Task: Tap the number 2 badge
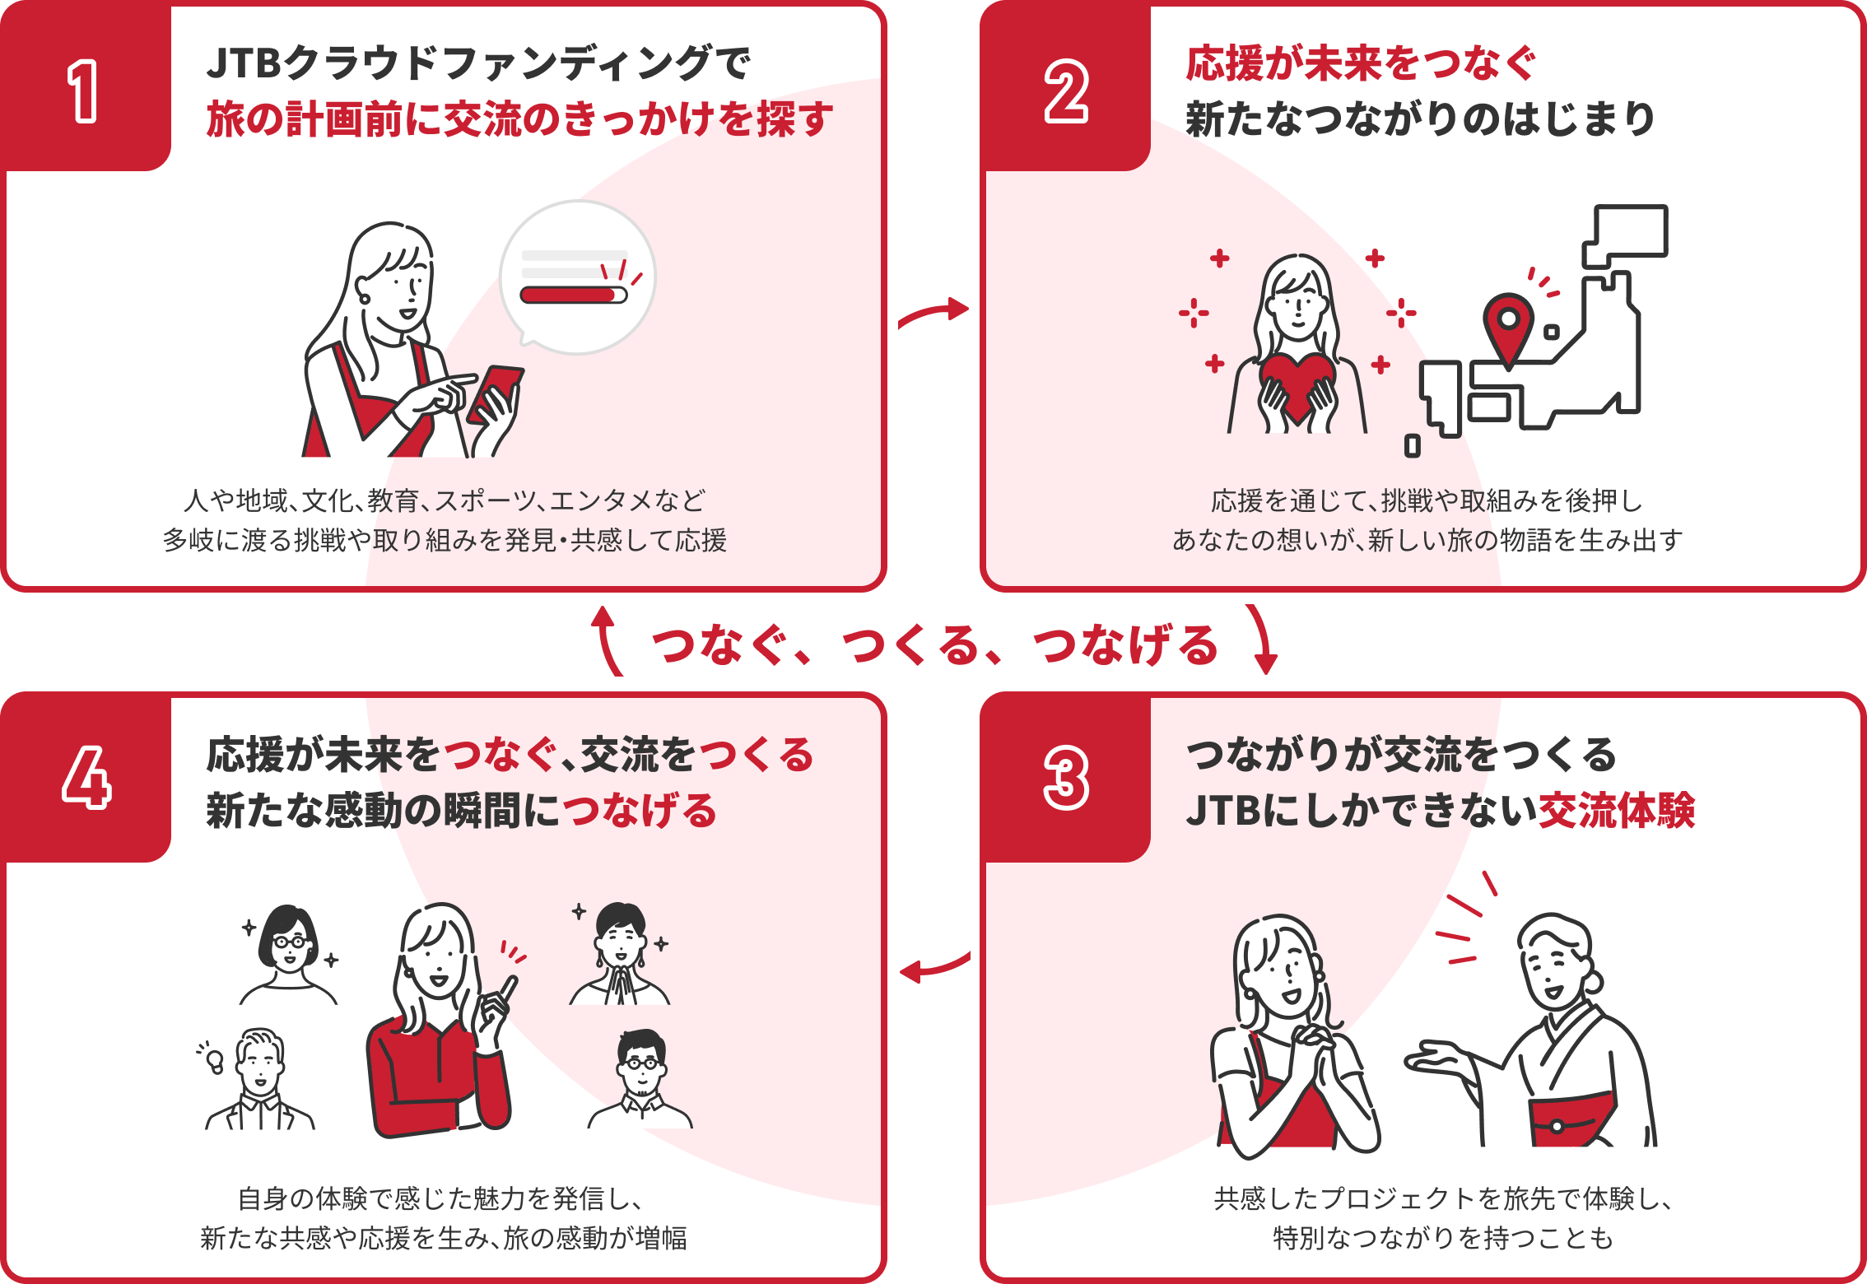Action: pyautogui.click(x=1066, y=91)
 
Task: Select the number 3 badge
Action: pyautogui.click(x=1066, y=779)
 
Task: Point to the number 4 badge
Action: pyautogui.click(x=86, y=779)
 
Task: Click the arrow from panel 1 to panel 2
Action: pyautogui.click(x=933, y=312)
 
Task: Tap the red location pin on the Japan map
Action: pyautogui.click(x=1508, y=325)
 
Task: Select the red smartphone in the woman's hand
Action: pyautogui.click(x=496, y=393)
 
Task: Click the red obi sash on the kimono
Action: pyautogui.click(x=1571, y=1119)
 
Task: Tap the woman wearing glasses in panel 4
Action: pyautogui.click(x=289, y=955)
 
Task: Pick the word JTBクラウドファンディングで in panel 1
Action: pyautogui.click(x=478, y=63)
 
